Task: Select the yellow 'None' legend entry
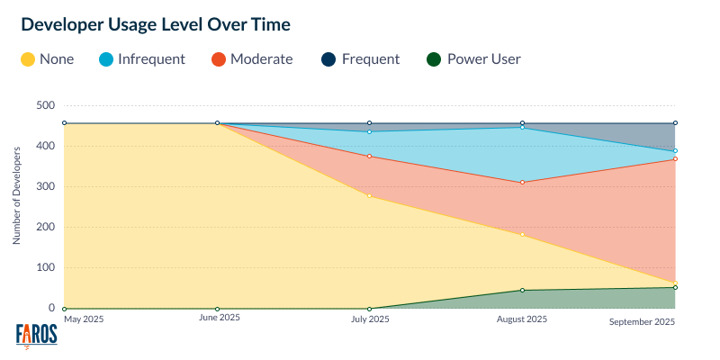coord(47,59)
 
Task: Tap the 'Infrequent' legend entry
coord(143,59)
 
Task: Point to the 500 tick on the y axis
coord(44,105)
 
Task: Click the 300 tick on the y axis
coord(44,186)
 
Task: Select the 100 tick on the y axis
coord(44,267)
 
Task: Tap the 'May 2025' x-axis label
coord(84,318)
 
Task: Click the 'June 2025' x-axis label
coord(219,318)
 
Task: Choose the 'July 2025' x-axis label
coord(369,319)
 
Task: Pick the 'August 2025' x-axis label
coord(522,319)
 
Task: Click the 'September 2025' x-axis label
coord(642,321)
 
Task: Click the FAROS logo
coord(37,335)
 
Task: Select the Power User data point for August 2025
coord(522,290)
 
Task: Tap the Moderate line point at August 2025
coord(522,183)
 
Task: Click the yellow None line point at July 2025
coord(369,195)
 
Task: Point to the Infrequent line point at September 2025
coord(675,151)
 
